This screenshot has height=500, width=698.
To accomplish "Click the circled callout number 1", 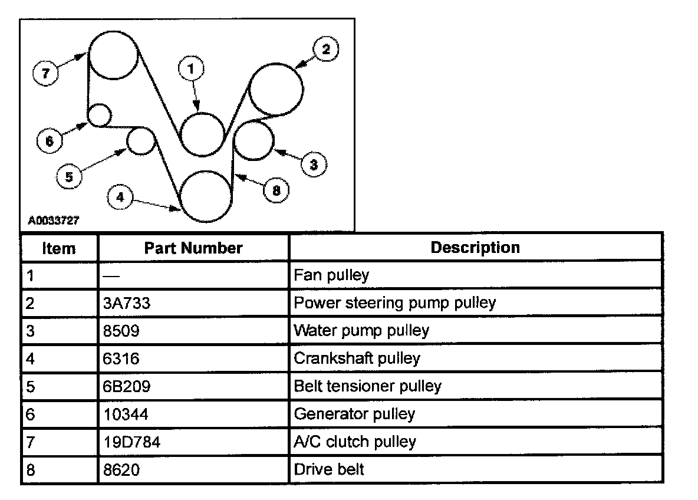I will point(190,68).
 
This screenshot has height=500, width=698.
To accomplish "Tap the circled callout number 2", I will point(325,50).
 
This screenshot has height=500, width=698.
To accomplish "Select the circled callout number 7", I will point(44,73).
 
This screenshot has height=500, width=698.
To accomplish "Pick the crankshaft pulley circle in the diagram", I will point(205,196).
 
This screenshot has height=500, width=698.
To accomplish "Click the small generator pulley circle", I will point(100,114).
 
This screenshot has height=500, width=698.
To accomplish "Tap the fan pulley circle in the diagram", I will point(202,134).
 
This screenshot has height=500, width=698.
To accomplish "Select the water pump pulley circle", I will point(254,139).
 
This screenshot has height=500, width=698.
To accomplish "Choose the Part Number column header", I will point(193,248).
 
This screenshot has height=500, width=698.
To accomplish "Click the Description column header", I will point(475,247).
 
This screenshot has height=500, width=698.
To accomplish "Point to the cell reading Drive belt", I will point(329,469).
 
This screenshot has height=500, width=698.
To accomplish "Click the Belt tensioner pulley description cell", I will point(367,386).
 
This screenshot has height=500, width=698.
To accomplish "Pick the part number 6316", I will point(120,358).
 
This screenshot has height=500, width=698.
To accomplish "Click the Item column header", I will point(59,248).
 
